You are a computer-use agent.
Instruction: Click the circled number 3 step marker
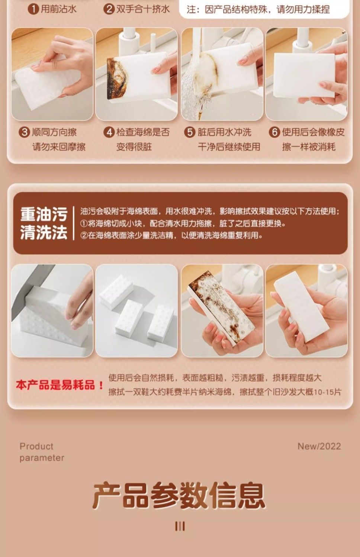25,132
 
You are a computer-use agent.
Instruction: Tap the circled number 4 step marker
109,132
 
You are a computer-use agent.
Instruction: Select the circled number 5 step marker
190,132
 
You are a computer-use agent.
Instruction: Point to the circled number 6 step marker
274,132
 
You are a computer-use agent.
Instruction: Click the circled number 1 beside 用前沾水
33,9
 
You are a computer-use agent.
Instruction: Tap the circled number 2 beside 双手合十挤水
109,9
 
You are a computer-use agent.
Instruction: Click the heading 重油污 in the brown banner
44,214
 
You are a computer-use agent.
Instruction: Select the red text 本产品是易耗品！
60,385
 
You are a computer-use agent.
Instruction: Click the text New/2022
319,446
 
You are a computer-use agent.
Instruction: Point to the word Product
36,446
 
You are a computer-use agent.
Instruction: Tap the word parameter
42,458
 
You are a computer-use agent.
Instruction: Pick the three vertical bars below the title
180,526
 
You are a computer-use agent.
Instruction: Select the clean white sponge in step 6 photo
304,75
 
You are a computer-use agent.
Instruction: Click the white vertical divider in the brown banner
74,223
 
